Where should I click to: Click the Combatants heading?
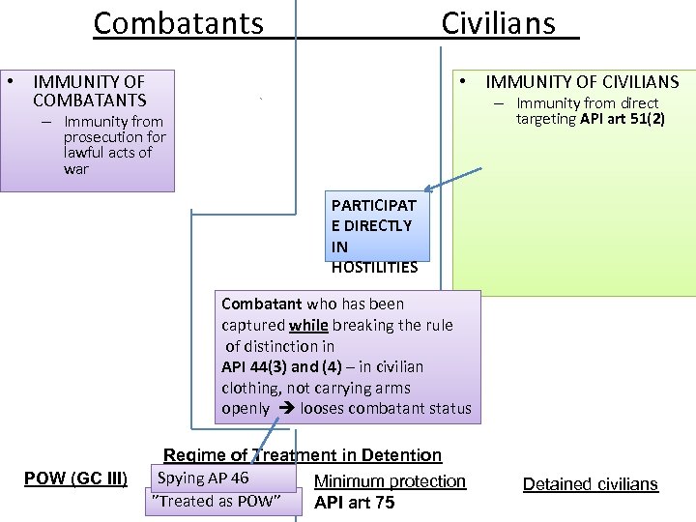178,22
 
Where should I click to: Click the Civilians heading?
499,22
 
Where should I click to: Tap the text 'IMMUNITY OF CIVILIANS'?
582,83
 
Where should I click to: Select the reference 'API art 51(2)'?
622,119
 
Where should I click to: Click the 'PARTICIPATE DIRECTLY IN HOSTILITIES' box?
374,236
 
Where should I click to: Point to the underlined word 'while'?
308,325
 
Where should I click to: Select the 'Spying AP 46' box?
203,478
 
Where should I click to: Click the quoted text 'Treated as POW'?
217,500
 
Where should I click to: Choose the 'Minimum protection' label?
390,480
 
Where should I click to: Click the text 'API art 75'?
354,503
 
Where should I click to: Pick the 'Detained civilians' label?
590,484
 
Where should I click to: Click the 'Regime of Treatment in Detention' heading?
303,455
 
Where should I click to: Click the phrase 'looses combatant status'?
386,408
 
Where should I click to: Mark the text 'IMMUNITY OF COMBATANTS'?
89,91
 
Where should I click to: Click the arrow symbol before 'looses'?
286,408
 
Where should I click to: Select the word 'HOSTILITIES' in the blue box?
374,267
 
